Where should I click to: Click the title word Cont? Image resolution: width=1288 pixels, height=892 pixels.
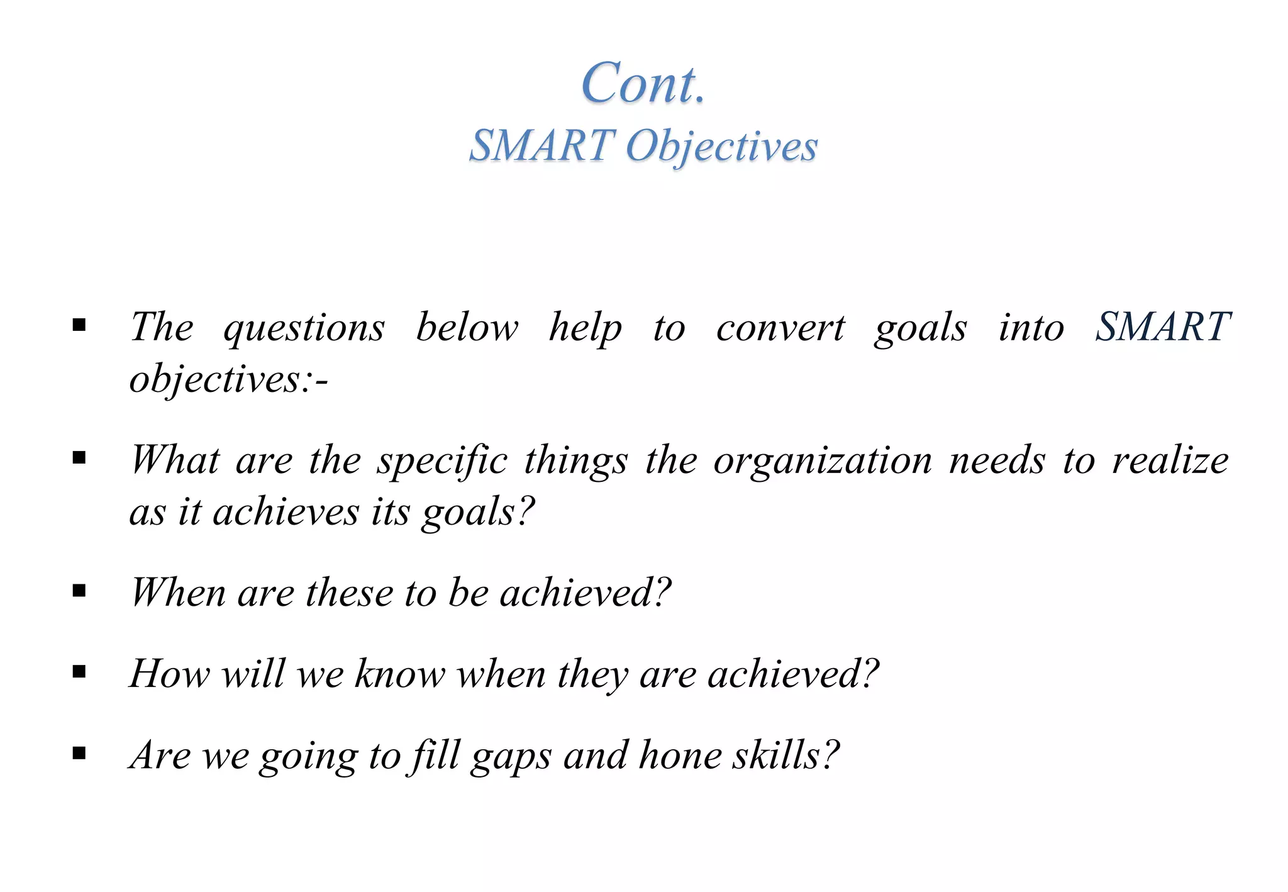coord(643,83)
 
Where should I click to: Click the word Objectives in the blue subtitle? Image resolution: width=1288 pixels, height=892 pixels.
coord(721,146)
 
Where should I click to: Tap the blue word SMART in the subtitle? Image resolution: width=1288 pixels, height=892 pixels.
coord(542,146)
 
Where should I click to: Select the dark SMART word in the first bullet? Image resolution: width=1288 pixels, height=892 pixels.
coord(1163,327)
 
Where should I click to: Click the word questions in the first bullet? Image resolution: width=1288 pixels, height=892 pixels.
coord(304,328)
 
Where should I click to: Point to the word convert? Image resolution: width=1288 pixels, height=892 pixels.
coord(780,328)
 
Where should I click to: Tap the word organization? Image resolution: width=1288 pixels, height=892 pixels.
coord(823,460)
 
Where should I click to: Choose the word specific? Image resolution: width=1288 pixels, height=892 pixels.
coord(442,460)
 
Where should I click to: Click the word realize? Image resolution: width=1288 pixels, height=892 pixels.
coord(1170,460)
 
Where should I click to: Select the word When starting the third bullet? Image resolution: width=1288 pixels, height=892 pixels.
coord(178,593)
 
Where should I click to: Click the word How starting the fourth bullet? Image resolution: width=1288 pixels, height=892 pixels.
coord(169,674)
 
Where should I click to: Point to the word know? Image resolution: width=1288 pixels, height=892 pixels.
coord(400,674)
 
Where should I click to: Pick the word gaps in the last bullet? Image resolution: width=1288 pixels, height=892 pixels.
coord(511,756)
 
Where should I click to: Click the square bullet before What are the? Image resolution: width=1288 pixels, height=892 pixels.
coord(79,458)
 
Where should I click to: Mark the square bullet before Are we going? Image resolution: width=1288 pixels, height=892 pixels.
coord(79,753)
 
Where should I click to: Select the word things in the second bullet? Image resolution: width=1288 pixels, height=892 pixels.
coord(575,460)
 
